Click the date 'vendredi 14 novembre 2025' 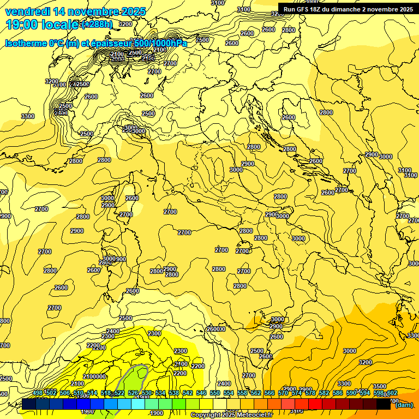[x=75, y=11]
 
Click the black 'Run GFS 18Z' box [x=348, y=9]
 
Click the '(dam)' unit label [x=404, y=405]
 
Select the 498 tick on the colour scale [x=38, y=393]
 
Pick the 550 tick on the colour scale [x=214, y=393]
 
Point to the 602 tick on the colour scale [x=391, y=393]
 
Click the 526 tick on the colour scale [x=133, y=393]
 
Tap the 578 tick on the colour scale [x=310, y=393]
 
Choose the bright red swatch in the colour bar [x=315, y=404]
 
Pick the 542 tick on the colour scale [x=187, y=393]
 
